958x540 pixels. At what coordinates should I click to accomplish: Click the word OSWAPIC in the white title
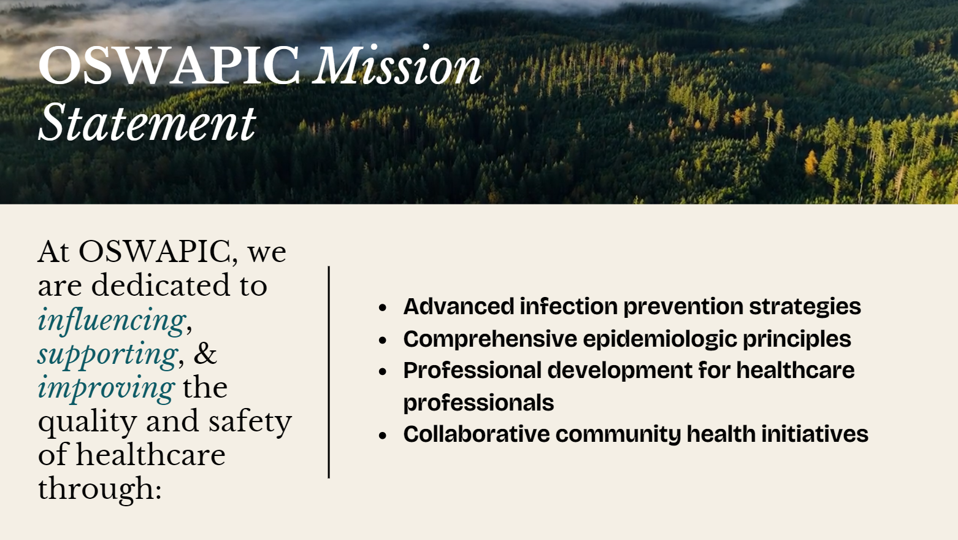click(x=169, y=66)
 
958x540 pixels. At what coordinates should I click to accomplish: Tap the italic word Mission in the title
click(x=397, y=64)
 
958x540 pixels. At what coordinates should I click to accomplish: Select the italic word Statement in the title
click(x=148, y=122)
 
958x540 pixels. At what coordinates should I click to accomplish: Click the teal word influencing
click(x=112, y=320)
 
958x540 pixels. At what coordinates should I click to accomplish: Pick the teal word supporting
click(x=108, y=355)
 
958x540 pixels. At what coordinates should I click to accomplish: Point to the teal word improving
click(x=106, y=388)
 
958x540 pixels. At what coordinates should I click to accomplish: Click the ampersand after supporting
click(x=205, y=353)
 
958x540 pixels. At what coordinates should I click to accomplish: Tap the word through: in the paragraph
click(x=99, y=488)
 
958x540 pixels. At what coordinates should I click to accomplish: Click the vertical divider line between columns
click(x=329, y=372)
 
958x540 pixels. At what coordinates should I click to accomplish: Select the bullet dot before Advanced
click(x=382, y=308)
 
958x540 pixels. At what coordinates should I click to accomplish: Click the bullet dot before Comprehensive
click(x=382, y=340)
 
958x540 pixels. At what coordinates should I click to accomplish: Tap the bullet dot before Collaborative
click(x=382, y=436)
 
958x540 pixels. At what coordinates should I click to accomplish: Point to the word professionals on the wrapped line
click(x=478, y=403)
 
